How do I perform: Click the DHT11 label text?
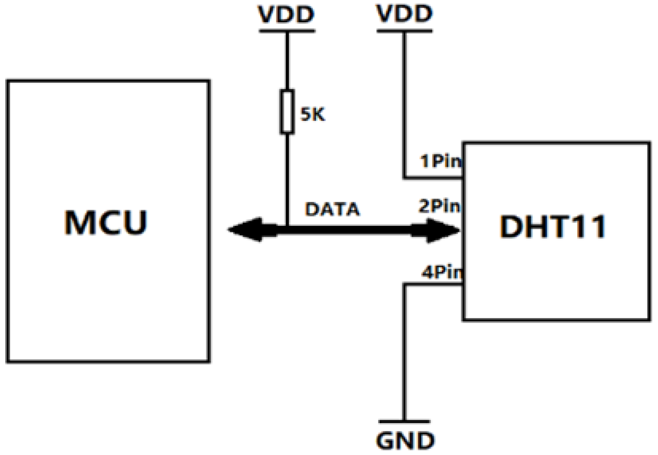point(552,226)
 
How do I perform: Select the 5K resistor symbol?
point(287,111)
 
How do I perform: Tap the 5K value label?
point(312,115)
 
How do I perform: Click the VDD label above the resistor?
point(286,14)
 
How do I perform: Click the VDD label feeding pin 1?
point(404,14)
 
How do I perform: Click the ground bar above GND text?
point(404,422)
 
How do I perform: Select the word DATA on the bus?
point(332,209)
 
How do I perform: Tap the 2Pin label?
point(439,206)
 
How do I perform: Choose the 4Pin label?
point(441,272)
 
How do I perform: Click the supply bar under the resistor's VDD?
point(287,31)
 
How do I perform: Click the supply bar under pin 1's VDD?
point(404,31)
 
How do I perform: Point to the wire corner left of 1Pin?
point(404,178)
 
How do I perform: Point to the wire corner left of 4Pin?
point(404,284)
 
